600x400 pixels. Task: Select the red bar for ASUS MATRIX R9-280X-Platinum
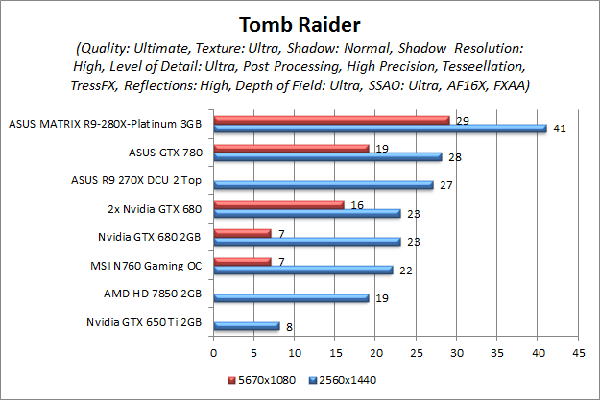point(331,120)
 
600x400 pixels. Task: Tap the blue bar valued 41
point(380,129)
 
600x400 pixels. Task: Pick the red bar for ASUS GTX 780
point(291,148)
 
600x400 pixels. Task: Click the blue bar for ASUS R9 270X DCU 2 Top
point(324,184)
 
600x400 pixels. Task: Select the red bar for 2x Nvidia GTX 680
point(278,203)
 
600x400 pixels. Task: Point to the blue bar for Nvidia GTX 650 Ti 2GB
point(246,326)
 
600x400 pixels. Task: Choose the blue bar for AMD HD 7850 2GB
point(291,297)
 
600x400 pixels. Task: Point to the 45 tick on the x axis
point(577,353)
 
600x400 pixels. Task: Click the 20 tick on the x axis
point(375,353)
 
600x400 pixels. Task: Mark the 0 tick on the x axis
point(214,353)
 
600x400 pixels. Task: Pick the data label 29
point(461,120)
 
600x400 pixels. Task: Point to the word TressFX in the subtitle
point(100,85)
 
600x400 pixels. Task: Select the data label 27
point(445,184)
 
